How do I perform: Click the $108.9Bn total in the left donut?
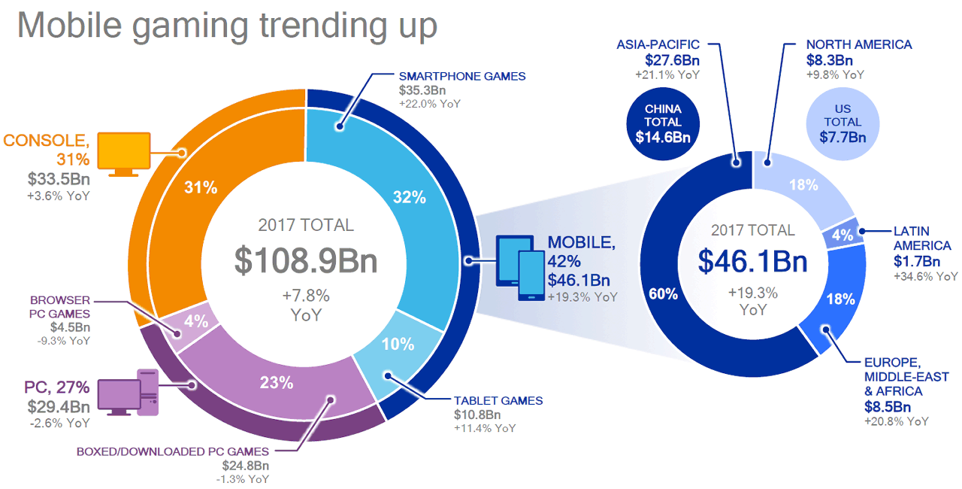tap(305, 260)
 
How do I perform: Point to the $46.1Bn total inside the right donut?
tap(752, 260)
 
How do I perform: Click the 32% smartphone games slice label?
tap(410, 198)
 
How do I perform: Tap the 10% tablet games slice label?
tap(398, 345)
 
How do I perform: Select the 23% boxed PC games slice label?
tap(277, 382)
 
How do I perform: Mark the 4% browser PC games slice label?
tap(197, 320)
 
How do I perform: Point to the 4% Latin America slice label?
tap(843, 235)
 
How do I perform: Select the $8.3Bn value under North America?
tap(829, 60)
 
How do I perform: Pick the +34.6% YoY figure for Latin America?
tap(926, 277)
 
